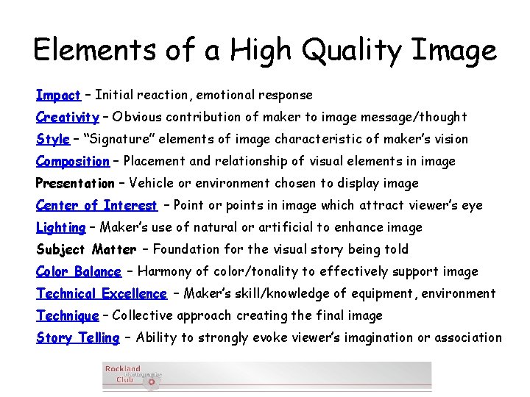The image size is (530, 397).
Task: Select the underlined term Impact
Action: tap(58, 95)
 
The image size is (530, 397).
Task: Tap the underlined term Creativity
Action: tap(68, 117)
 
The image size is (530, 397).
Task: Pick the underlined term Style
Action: tap(52, 139)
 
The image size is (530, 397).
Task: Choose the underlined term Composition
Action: tap(73, 161)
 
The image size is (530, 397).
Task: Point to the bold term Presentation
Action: tap(75, 183)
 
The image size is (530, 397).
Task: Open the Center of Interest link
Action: tap(96, 205)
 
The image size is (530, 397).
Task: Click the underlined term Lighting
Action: tap(61, 227)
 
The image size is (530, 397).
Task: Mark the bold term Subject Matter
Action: tap(86, 249)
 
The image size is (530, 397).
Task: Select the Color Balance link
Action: tap(79, 271)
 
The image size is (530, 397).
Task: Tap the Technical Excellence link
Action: tap(102, 293)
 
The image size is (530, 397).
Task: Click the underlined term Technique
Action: tap(67, 315)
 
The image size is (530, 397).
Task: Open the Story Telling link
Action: tap(77, 337)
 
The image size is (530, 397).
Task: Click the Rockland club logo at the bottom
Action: tap(132, 376)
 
